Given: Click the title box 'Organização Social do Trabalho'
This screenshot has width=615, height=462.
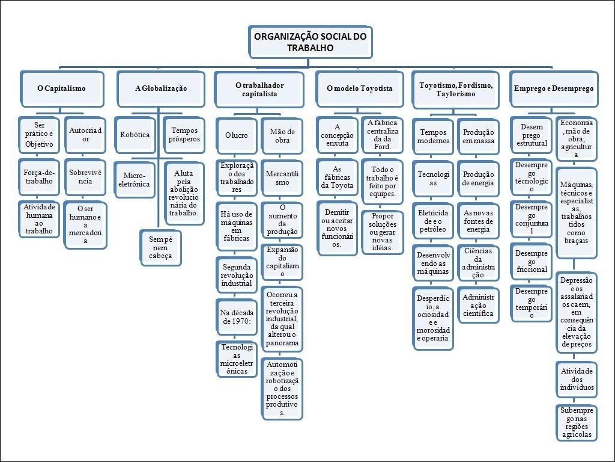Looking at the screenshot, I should (x=310, y=42).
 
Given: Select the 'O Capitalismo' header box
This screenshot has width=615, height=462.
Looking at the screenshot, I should (x=61, y=88).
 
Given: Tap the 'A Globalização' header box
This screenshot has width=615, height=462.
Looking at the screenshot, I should (x=161, y=88).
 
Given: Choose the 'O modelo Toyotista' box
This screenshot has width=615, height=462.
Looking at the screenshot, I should (x=360, y=88).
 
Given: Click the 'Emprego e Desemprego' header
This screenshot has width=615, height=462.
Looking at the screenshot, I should (x=553, y=88).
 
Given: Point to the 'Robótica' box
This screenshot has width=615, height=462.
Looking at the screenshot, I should (x=135, y=135).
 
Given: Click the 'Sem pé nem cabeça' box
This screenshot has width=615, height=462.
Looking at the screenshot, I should (x=160, y=247).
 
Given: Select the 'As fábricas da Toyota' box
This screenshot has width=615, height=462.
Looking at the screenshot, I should (x=337, y=177).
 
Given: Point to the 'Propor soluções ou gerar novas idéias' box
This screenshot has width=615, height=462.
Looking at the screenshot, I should (x=383, y=232).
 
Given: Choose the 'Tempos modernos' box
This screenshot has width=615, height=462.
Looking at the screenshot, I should (x=434, y=137).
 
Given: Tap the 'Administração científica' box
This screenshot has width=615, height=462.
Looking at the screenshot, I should (x=478, y=305).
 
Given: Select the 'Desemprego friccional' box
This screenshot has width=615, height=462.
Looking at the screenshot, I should (x=532, y=261).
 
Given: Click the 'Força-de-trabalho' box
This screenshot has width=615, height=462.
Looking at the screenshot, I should (x=39, y=177).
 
